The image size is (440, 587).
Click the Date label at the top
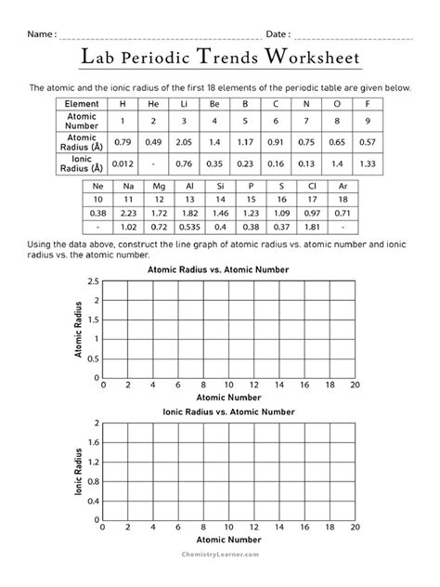(x=278, y=33)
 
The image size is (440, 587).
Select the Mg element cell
(x=159, y=186)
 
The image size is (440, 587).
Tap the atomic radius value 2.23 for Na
(x=129, y=213)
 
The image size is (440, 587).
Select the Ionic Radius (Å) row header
(x=82, y=163)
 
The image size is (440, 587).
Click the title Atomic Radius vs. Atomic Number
(x=220, y=269)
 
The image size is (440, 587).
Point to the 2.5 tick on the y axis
(x=93, y=281)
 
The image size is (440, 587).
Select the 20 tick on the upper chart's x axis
(x=356, y=384)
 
